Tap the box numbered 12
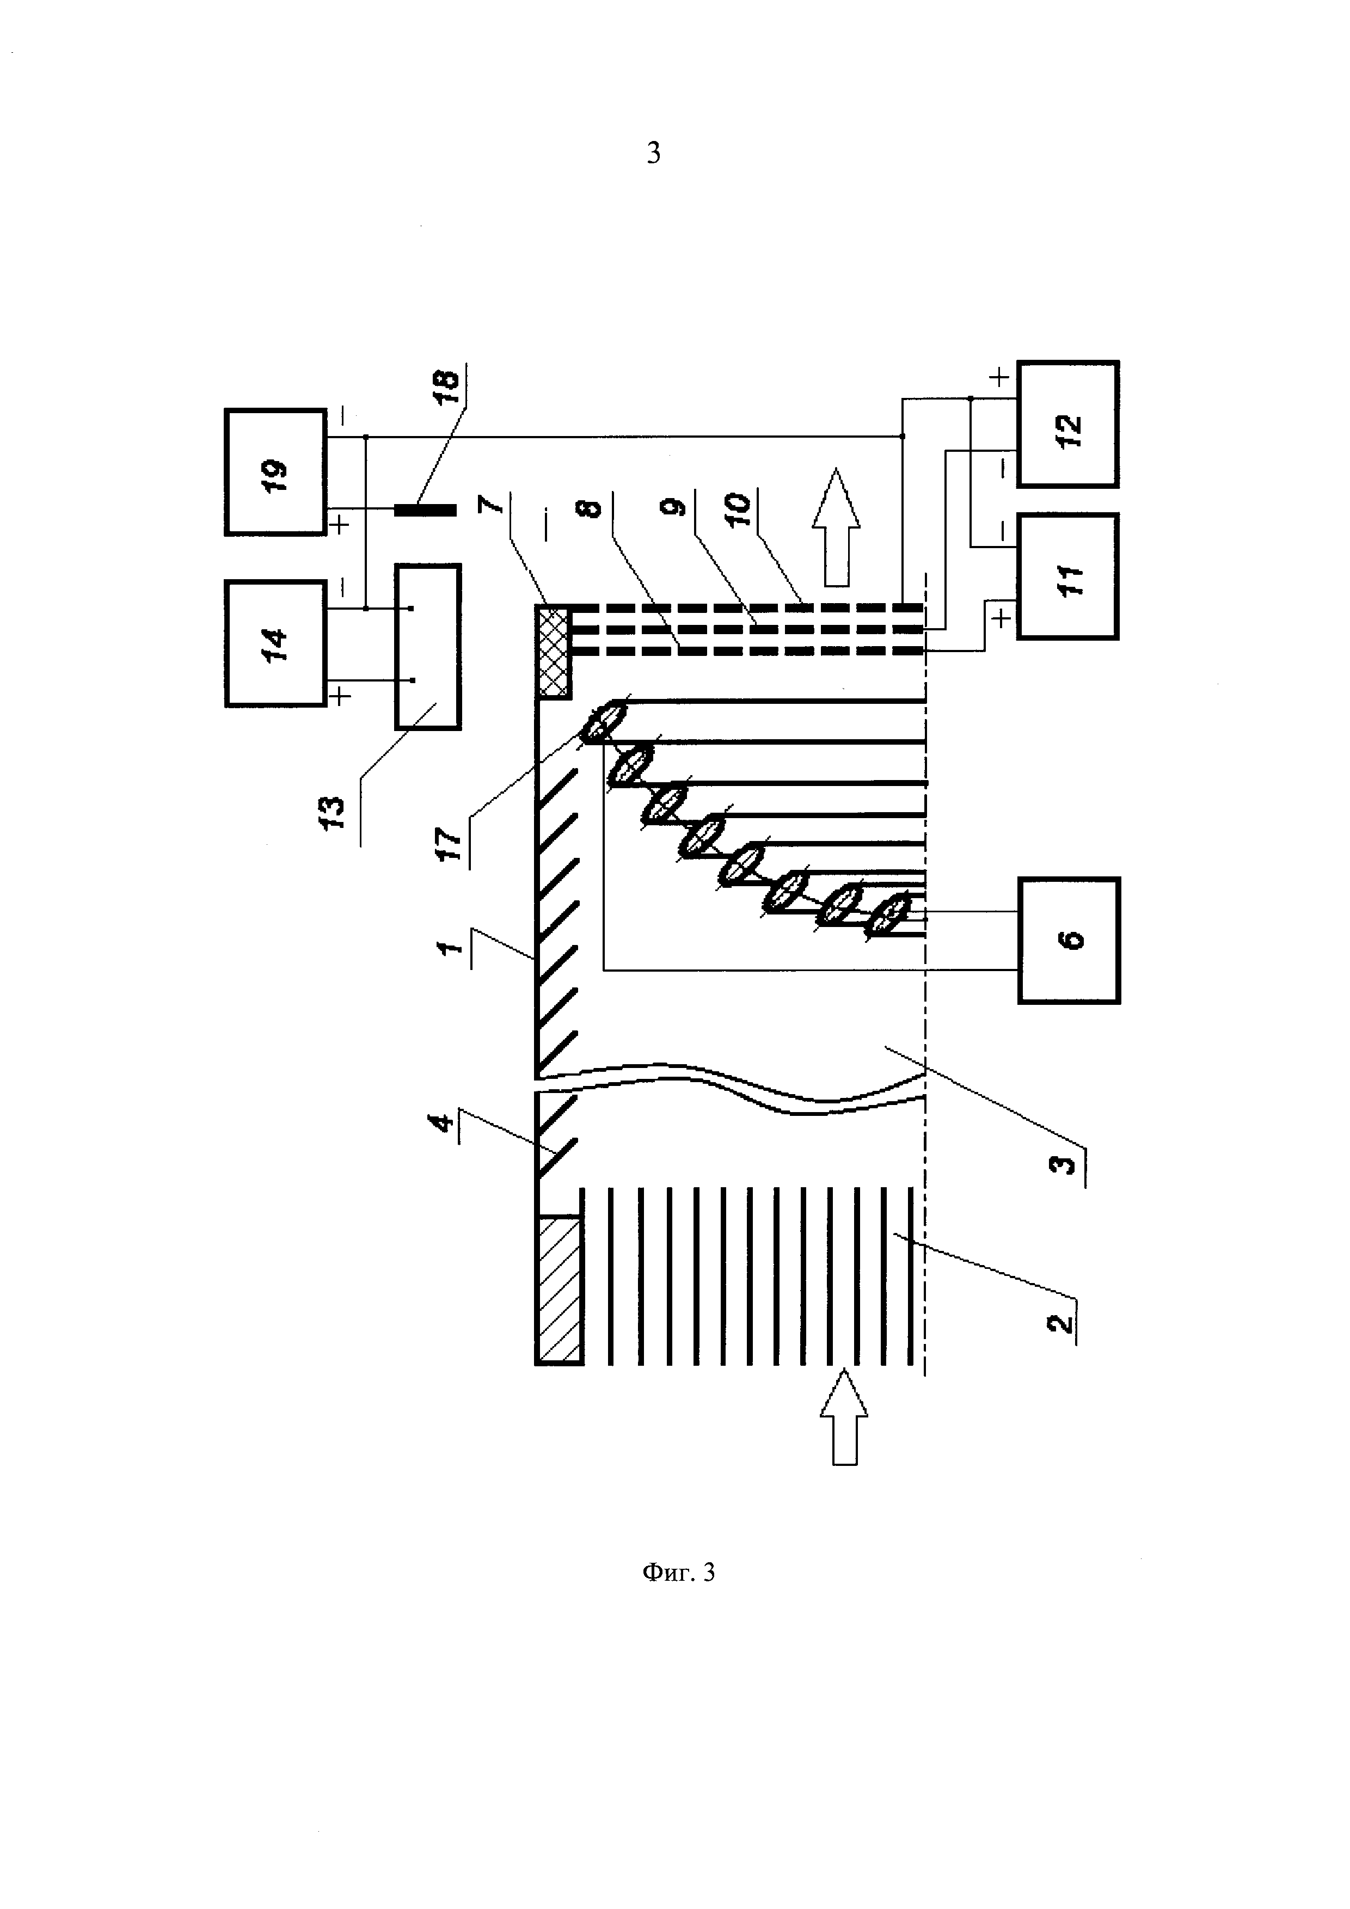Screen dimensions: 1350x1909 tap(1068, 424)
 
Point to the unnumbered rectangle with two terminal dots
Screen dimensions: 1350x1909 tap(428, 647)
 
